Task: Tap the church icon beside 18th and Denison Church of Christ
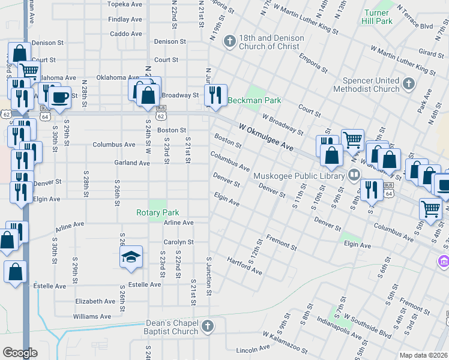pyautogui.click(x=229, y=41)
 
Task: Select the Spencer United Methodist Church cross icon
pyautogui.click(x=409, y=84)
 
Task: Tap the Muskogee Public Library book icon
pyautogui.click(x=354, y=175)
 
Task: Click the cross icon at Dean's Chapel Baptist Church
pyautogui.click(x=207, y=326)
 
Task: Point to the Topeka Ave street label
pyautogui.click(x=124, y=4)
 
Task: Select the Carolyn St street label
pyautogui.click(x=178, y=242)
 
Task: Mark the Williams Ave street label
pyautogui.click(x=92, y=316)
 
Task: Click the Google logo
pyautogui.click(x=20, y=353)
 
